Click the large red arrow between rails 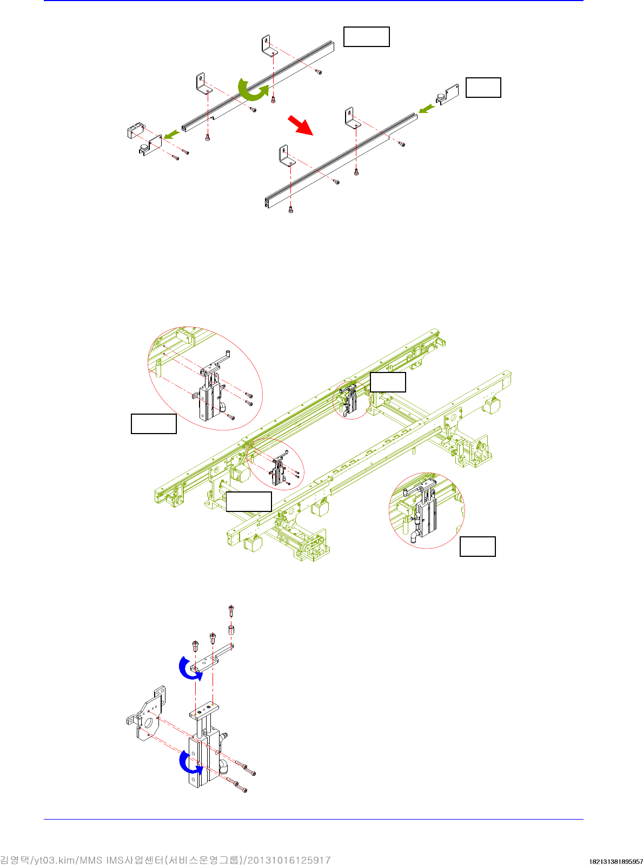pos(301,125)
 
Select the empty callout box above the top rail pos(366,37)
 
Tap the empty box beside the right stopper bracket pos(483,88)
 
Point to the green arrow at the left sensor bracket pos(171,135)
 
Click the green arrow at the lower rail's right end pos(427,109)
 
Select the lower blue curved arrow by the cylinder pos(189,762)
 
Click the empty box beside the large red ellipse pos(154,423)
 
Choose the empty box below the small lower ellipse pos(249,501)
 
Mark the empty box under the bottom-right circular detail pos(478,547)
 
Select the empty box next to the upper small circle pos(388,382)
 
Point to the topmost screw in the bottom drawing pos(231,610)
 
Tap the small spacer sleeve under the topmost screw pos(231,629)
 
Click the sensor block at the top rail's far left pos(134,131)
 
